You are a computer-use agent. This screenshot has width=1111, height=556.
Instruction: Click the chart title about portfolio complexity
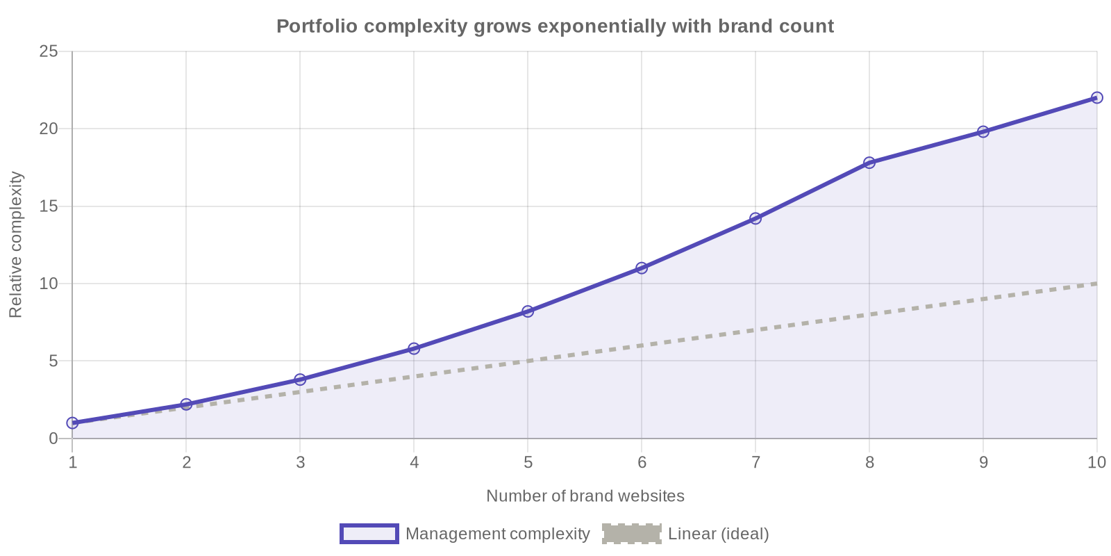click(x=555, y=26)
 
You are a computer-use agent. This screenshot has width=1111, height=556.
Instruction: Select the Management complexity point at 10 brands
click(x=1096, y=98)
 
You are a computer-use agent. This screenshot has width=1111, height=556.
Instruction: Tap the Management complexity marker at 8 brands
click(x=869, y=163)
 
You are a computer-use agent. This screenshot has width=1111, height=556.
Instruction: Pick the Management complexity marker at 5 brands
click(x=528, y=311)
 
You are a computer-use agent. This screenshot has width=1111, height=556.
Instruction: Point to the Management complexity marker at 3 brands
click(x=300, y=379)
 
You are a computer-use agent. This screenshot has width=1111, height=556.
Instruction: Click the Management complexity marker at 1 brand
click(x=72, y=423)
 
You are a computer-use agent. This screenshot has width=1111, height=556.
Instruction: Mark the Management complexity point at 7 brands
click(x=755, y=218)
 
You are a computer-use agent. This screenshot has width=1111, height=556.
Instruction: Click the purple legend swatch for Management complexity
click(x=369, y=534)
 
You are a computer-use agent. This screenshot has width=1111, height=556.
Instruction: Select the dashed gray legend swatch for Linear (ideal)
click(x=631, y=534)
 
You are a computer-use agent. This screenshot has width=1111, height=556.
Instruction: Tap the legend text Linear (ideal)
click(x=718, y=534)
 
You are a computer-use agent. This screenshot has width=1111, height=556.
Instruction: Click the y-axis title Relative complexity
click(x=15, y=245)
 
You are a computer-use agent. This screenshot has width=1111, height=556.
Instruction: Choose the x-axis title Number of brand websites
click(x=585, y=496)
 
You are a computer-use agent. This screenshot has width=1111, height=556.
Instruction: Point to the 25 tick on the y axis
click(x=49, y=51)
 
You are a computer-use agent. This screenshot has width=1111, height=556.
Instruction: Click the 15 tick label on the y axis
click(x=49, y=206)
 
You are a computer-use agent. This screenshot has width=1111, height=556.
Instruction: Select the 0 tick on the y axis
click(x=53, y=439)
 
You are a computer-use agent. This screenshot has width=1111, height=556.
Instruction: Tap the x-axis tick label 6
click(x=642, y=463)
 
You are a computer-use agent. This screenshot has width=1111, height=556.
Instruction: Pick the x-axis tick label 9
click(x=983, y=463)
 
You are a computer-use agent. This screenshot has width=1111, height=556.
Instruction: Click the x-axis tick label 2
click(x=186, y=463)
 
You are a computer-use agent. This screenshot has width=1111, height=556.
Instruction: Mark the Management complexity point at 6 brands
click(x=642, y=268)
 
